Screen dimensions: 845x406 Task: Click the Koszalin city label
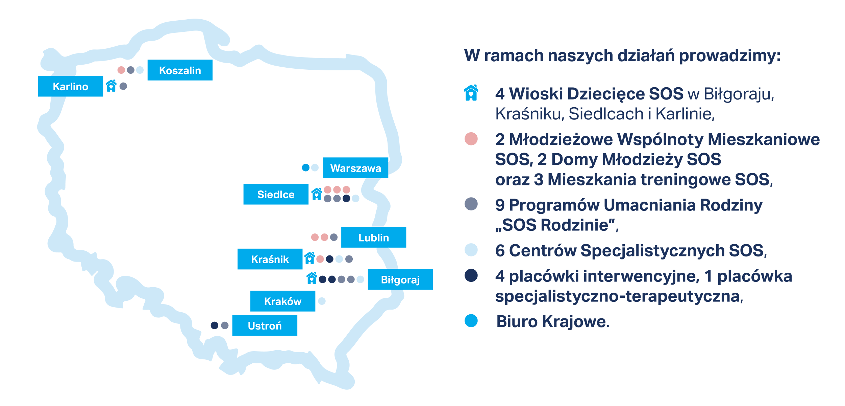(x=180, y=70)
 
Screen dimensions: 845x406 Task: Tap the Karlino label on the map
(x=70, y=86)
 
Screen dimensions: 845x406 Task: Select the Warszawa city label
(x=355, y=168)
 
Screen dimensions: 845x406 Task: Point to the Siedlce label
(x=276, y=194)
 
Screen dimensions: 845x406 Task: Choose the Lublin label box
(x=374, y=237)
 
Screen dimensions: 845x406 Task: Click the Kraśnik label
(x=270, y=259)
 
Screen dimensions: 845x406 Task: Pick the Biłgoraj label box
(x=400, y=279)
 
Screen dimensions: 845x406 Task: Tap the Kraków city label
(x=283, y=301)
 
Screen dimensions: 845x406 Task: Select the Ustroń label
(x=265, y=325)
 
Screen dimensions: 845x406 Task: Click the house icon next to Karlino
(x=111, y=86)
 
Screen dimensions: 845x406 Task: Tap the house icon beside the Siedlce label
(x=317, y=194)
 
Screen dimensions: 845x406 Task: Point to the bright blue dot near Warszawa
(x=306, y=167)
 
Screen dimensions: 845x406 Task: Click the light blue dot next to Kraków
(x=322, y=301)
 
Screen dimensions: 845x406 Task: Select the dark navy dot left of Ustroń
(x=215, y=325)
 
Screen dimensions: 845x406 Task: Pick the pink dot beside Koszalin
(x=121, y=70)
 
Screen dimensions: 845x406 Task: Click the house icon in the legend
(x=471, y=93)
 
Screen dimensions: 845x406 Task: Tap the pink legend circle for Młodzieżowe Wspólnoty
(x=471, y=139)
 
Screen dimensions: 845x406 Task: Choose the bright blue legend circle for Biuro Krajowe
(x=471, y=321)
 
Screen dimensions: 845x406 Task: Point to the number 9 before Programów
(x=500, y=205)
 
